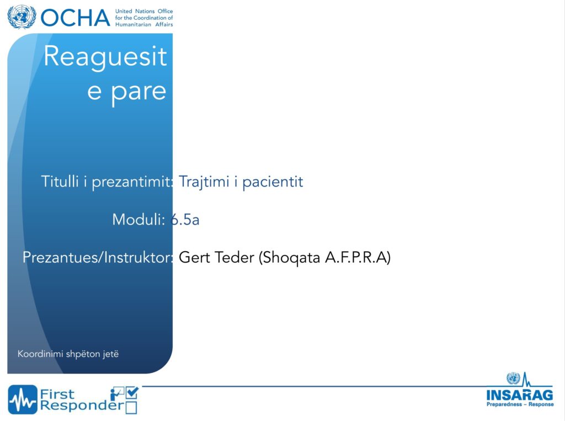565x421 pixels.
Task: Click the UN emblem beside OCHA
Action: tap(22, 17)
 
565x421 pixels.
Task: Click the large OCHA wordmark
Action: tap(75, 18)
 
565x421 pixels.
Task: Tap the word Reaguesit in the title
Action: tap(105, 57)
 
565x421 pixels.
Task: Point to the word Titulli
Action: tap(60, 181)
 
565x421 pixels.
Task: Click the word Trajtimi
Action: tap(204, 182)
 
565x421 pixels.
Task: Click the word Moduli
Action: tap(138, 219)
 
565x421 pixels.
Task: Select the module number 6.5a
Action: tap(185, 220)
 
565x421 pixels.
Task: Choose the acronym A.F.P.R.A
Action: tap(356, 257)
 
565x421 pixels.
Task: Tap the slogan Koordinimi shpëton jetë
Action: tap(68, 354)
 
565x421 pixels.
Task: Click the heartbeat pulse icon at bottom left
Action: tap(23, 399)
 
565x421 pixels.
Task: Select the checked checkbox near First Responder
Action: tap(132, 392)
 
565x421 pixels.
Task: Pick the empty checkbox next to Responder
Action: tap(131, 408)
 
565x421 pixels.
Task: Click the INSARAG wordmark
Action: tap(520, 395)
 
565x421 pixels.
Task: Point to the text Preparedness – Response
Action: tap(520, 404)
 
